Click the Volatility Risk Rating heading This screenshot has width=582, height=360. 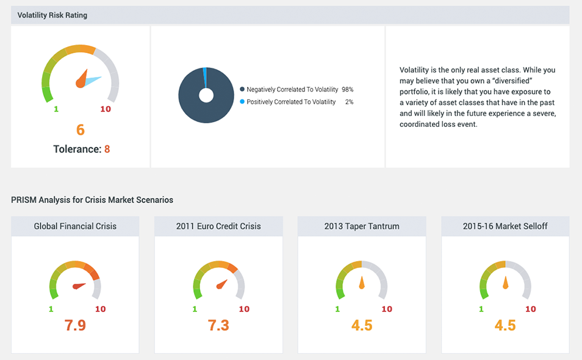pyautogui.click(x=52, y=15)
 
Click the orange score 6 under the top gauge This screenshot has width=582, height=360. pyautogui.click(x=81, y=129)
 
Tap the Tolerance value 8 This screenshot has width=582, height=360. pyautogui.click(x=107, y=148)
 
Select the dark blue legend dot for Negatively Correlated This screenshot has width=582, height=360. pyautogui.click(x=242, y=89)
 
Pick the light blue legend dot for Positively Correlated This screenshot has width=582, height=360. pyautogui.click(x=242, y=102)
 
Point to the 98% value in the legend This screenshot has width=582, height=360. pyautogui.click(x=348, y=89)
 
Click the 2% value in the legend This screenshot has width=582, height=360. pyautogui.click(x=349, y=102)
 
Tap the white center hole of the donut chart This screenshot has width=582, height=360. pyautogui.click(x=206, y=95)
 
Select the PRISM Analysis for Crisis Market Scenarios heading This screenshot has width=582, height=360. pyautogui.click(x=92, y=200)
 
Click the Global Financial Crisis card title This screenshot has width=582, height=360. pyautogui.click(x=75, y=226)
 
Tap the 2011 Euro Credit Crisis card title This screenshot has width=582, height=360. pyautogui.click(x=218, y=226)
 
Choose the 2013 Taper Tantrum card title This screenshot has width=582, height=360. pyautogui.click(x=362, y=226)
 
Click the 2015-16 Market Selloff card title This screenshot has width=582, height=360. pyautogui.click(x=505, y=226)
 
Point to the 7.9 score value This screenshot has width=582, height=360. pyautogui.click(x=75, y=325)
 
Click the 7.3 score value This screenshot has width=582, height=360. pyautogui.click(x=218, y=325)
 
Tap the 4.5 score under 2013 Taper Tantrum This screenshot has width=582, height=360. pyautogui.click(x=362, y=325)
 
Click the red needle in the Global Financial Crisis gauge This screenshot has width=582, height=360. pyautogui.click(x=79, y=285)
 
